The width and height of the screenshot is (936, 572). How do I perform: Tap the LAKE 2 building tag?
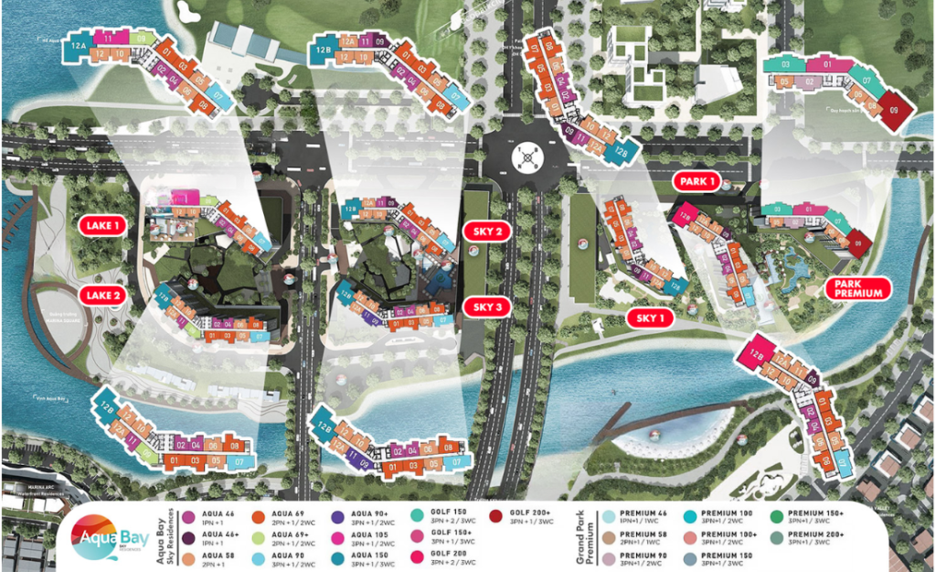point(100,295)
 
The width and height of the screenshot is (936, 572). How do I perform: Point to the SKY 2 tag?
point(489,231)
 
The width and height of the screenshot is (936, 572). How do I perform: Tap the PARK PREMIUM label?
point(858,287)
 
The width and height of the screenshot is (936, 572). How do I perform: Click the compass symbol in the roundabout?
point(527,157)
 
